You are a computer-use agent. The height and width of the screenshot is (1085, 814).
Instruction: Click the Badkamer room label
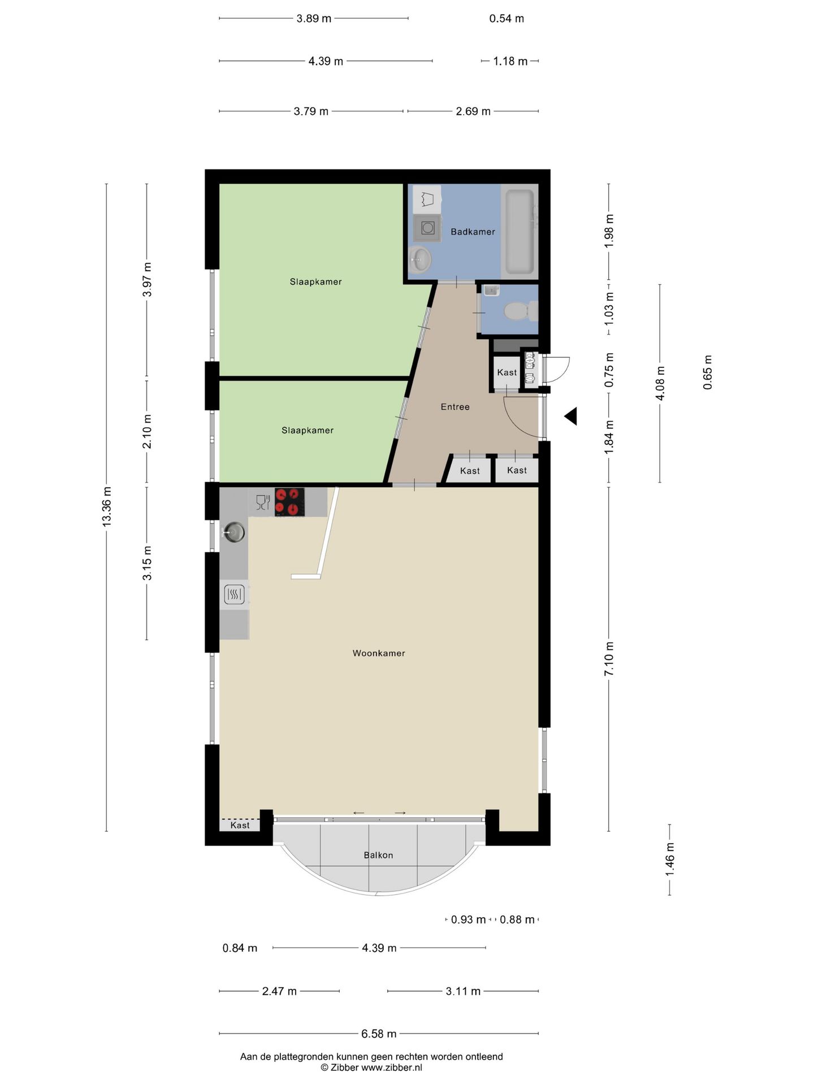(473, 232)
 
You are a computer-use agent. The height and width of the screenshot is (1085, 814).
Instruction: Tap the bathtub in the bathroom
(519, 232)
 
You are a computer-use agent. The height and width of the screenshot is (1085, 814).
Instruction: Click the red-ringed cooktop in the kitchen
(289, 502)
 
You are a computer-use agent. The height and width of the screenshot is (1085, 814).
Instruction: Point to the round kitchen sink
(234, 532)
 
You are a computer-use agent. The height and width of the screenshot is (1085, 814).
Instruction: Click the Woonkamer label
(379, 653)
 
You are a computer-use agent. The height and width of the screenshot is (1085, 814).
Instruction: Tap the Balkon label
(378, 855)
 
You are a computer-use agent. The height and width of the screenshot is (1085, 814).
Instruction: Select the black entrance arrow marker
(570, 416)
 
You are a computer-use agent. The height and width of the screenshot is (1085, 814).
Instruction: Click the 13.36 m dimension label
(106, 507)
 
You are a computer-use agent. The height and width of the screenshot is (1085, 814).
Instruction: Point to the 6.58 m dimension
(379, 1034)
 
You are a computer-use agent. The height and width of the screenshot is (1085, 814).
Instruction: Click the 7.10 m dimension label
(609, 658)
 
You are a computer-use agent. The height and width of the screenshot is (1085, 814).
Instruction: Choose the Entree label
(455, 407)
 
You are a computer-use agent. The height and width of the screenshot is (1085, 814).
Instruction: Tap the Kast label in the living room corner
(240, 825)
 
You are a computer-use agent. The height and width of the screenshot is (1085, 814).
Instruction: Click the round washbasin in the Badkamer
(420, 260)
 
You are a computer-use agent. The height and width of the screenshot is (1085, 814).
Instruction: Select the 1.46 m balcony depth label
(670, 859)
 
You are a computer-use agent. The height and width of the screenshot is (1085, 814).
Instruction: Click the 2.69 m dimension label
(473, 111)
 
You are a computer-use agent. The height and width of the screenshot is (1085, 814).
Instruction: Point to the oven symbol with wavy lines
(234, 594)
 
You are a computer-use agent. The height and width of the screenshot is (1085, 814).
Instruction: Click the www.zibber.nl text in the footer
(391, 1067)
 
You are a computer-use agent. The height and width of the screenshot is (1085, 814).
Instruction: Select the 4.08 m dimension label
(660, 383)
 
